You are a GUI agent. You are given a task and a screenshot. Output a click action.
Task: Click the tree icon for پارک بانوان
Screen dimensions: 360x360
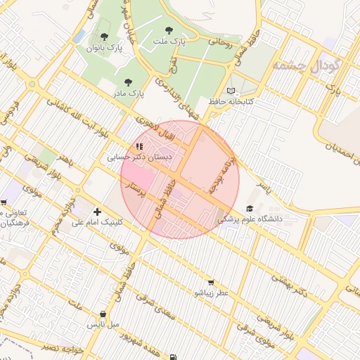pyautogui.click(x=105, y=36)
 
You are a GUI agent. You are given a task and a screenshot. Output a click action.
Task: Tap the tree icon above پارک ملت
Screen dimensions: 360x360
pyautogui.click(x=168, y=30)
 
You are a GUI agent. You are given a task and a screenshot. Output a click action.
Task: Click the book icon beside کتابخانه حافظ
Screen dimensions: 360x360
pyautogui.click(x=232, y=91)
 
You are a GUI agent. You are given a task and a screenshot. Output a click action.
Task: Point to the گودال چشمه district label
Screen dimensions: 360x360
pyautogui.click(x=307, y=67)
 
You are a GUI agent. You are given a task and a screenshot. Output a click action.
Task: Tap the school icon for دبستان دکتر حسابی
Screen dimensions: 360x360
pyautogui.click(x=139, y=147)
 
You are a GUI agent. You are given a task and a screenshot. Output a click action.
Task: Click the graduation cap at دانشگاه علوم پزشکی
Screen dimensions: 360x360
pyautogui.click(x=250, y=209)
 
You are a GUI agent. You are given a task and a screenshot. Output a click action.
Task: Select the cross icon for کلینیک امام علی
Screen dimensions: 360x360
pyautogui.click(x=97, y=211)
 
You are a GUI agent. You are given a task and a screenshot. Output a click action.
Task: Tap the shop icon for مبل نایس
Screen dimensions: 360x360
pyautogui.click(x=103, y=314)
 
